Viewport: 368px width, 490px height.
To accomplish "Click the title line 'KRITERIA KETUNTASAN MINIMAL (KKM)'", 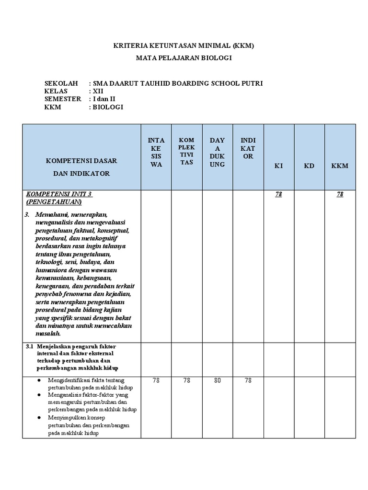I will pyautogui.click(x=184, y=46).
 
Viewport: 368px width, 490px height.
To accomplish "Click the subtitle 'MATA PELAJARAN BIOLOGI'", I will pyautogui.click(x=184, y=58).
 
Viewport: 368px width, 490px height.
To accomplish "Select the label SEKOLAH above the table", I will pyautogui.click(x=61, y=83).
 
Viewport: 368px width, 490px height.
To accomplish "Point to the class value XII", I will pyautogui.click(x=98, y=91).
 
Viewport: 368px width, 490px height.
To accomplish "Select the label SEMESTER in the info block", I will pyautogui.click(x=63, y=99).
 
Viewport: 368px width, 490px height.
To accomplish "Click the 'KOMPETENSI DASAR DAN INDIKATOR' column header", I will pyautogui.click(x=81, y=167).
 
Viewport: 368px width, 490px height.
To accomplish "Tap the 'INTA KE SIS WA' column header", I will pyautogui.click(x=156, y=152).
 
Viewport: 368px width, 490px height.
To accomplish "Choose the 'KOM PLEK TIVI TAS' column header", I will pyautogui.click(x=187, y=152).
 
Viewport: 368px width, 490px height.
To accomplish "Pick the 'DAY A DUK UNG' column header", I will pyautogui.click(x=218, y=152).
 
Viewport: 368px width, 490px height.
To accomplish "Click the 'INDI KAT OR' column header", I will pyautogui.click(x=248, y=148).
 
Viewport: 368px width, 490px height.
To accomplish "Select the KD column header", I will pyautogui.click(x=310, y=166).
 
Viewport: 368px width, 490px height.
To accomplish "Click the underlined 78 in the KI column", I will pyautogui.click(x=278, y=194).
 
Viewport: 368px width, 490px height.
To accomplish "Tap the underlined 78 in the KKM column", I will pyautogui.click(x=340, y=194).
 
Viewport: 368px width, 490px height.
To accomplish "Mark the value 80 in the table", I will pyautogui.click(x=218, y=380).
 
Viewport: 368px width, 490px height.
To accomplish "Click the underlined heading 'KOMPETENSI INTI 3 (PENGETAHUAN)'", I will pyautogui.click(x=59, y=198).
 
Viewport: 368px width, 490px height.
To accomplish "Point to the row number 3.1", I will pyautogui.click(x=29, y=346).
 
